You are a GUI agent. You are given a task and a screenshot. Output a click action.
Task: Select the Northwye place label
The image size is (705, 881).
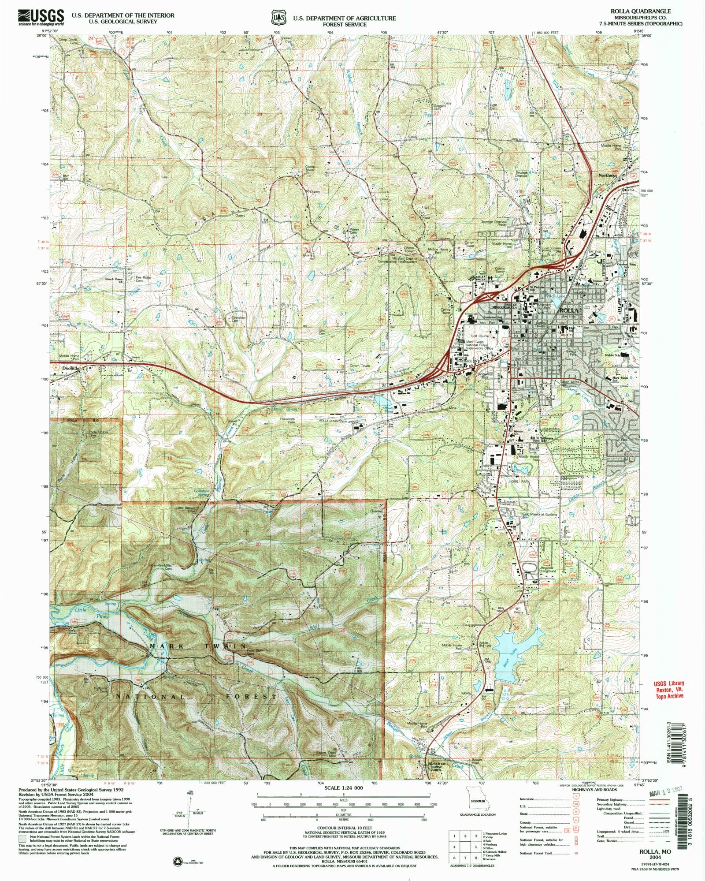[x=608, y=175]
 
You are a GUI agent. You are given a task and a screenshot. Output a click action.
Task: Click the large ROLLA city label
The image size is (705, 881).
[x=568, y=310]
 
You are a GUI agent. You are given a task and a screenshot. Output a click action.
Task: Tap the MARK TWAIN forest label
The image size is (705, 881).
[x=198, y=646]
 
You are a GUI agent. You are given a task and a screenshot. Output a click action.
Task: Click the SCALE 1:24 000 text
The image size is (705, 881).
[x=342, y=788]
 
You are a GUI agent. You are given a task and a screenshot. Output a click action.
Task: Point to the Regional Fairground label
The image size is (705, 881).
[x=548, y=569]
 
